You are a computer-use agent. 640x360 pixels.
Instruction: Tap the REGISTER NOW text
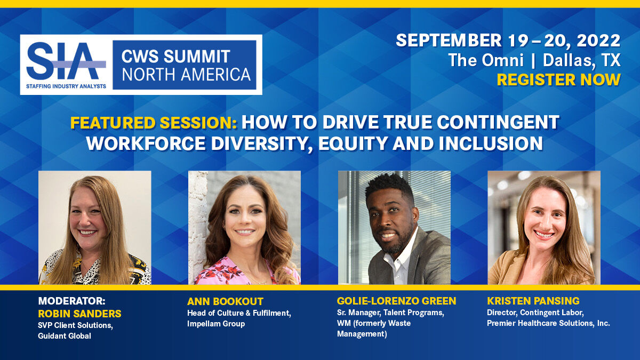click(x=558, y=79)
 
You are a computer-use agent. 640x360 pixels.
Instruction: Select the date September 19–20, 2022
click(x=508, y=41)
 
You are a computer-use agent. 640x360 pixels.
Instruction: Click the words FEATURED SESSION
click(x=154, y=123)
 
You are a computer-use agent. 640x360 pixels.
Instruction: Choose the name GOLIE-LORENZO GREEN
click(x=396, y=301)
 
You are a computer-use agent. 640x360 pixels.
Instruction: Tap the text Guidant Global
click(x=65, y=335)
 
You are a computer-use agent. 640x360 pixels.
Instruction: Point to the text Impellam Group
click(x=216, y=324)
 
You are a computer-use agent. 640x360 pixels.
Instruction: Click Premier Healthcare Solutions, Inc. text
click(x=548, y=323)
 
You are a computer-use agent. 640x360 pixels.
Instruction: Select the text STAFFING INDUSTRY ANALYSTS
click(x=66, y=85)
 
